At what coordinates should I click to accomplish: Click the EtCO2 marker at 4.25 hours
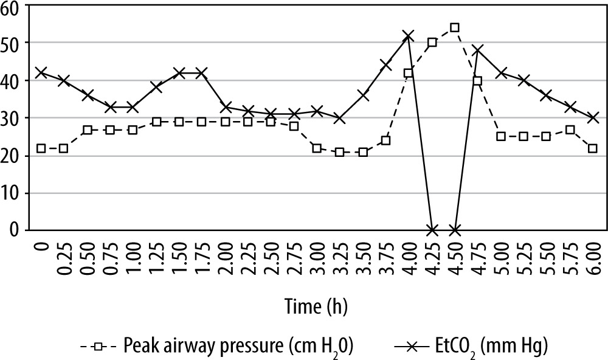coord(432,230)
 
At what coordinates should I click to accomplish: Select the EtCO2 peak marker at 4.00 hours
coord(409,36)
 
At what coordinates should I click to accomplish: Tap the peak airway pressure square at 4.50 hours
coord(455,28)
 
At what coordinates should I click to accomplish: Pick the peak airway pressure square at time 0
coord(40,148)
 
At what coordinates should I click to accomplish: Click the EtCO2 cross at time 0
coord(40,73)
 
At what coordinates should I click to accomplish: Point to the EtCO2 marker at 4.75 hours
coord(478,50)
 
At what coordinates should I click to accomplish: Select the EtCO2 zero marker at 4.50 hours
coord(455,230)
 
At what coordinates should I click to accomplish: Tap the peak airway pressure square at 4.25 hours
coord(432,43)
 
